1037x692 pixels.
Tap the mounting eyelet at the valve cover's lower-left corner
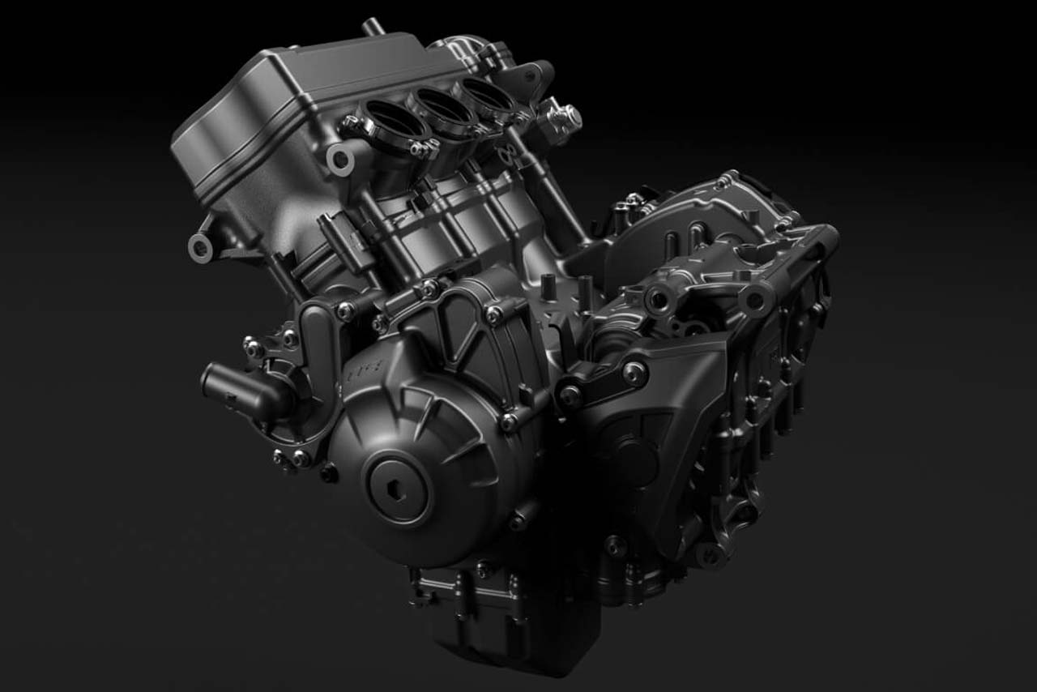[x=200, y=246]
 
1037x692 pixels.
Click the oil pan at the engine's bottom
[x=502, y=640]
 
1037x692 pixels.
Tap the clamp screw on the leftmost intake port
[x=351, y=124]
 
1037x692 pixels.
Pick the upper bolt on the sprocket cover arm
[x=634, y=372]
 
